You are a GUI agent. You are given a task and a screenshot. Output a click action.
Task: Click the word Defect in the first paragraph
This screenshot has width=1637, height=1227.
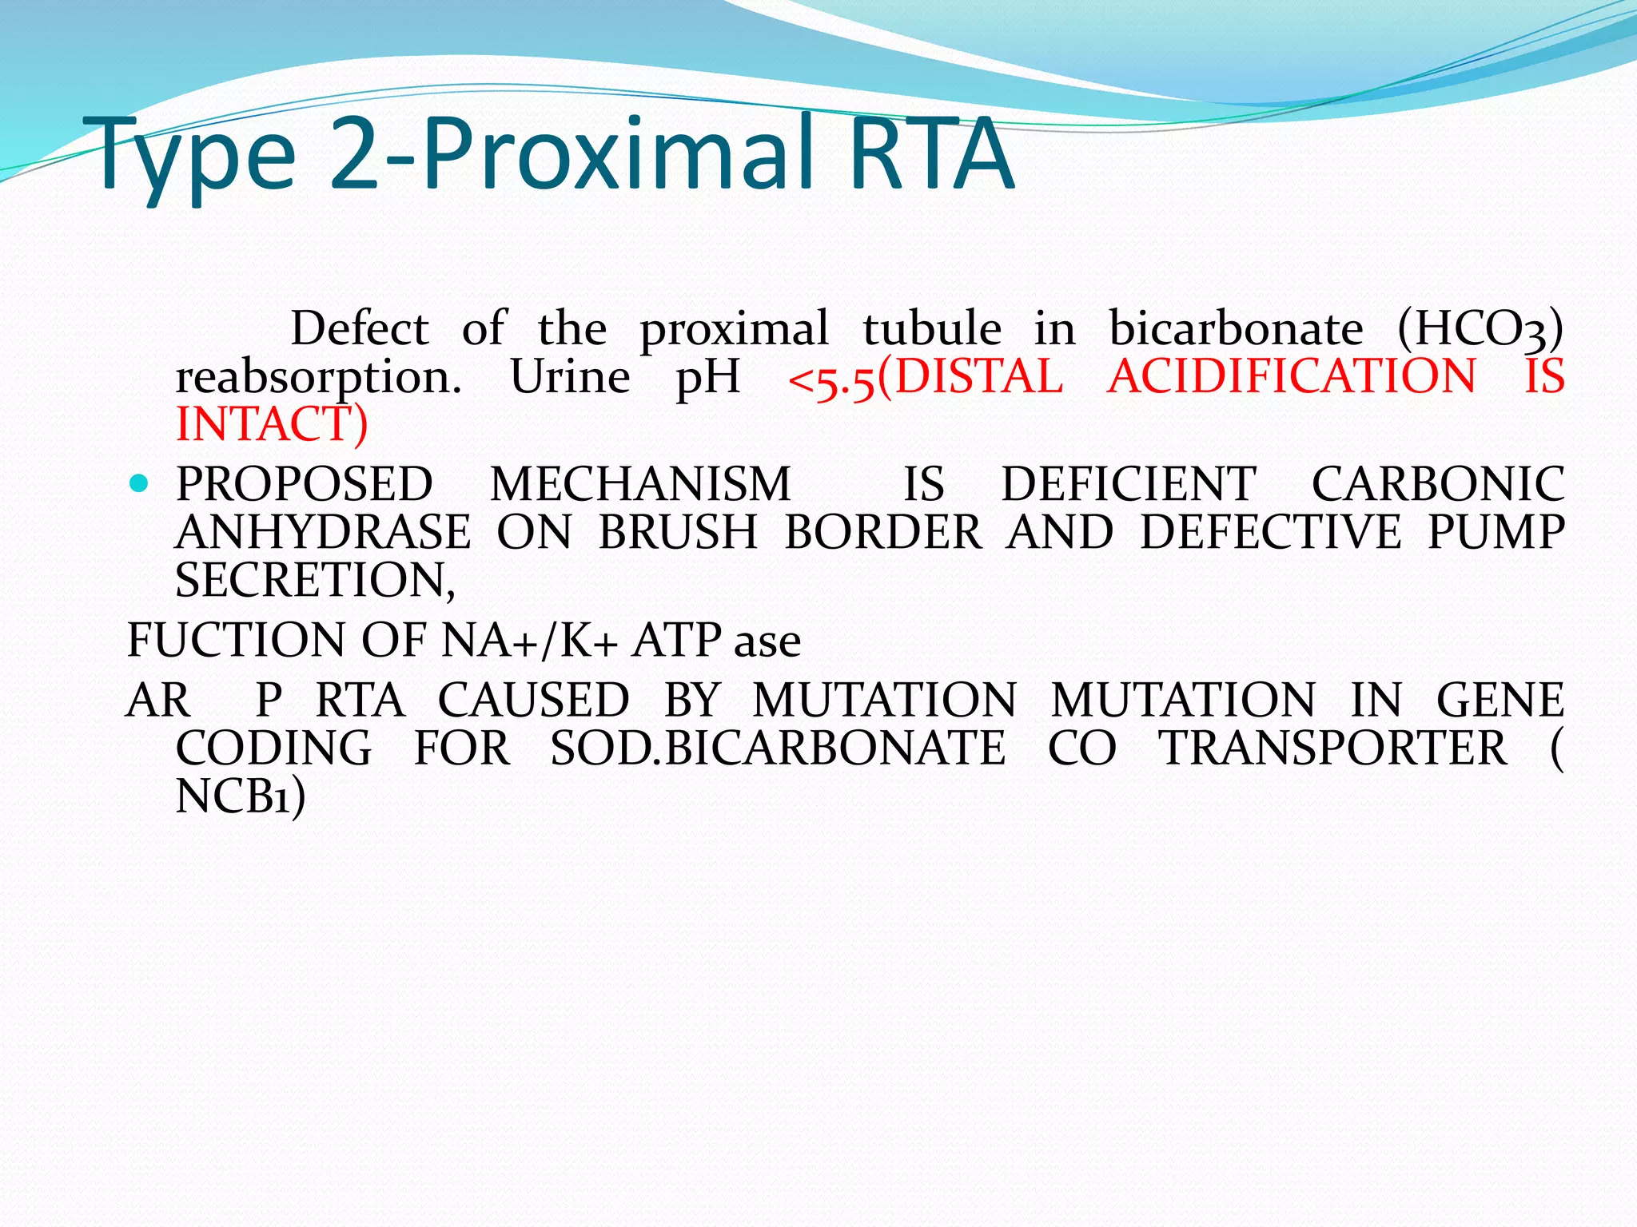360,328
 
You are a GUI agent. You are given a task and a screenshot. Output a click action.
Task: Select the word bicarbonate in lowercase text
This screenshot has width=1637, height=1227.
1236,328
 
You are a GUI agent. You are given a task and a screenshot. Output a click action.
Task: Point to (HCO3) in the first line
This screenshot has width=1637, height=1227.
1480,330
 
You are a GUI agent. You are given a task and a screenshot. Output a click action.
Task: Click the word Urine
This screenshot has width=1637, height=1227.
570,376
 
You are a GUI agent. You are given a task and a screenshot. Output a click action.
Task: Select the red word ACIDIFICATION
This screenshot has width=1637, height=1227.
1292,376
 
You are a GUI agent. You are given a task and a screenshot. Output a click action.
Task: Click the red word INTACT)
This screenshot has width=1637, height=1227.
272,424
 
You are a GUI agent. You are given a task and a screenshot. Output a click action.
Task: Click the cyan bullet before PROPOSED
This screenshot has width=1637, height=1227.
139,483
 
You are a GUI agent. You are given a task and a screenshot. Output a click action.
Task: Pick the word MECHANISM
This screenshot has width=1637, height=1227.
640,484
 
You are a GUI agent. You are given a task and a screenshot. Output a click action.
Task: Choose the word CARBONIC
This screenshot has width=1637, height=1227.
1437,484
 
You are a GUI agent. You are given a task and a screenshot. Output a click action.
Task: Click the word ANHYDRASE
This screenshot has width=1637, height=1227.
323,532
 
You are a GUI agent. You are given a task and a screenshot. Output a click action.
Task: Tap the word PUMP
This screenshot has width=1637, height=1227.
1496,532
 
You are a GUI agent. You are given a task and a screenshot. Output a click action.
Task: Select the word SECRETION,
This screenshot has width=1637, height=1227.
315,580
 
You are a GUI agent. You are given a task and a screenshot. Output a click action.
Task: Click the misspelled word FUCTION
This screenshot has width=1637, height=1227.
237,640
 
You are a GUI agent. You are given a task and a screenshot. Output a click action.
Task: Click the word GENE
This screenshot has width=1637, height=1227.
1500,701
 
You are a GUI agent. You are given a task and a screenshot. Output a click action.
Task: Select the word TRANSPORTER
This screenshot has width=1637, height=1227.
1332,749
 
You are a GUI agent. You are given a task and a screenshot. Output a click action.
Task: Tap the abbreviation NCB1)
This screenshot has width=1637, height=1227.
240,796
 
